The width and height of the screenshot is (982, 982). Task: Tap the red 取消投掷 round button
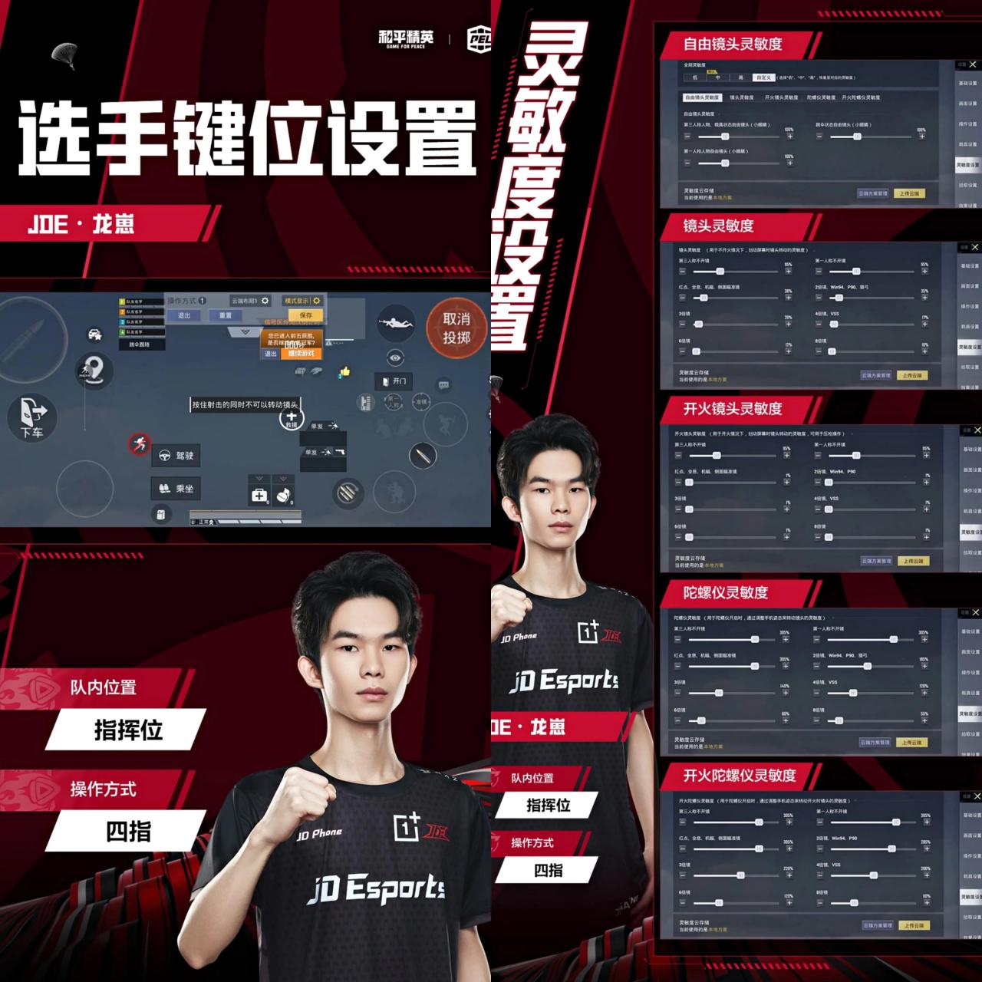click(456, 328)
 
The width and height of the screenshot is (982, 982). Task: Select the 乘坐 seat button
click(176, 488)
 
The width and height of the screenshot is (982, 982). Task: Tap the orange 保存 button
click(306, 315)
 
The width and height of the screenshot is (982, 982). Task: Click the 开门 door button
click(393, 381)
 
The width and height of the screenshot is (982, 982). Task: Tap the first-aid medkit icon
click(259, 496)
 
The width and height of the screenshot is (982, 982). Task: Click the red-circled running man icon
click(139, 443)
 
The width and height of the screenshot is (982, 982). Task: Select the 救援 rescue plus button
click(292, 419)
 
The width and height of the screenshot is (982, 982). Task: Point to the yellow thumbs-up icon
click(344, 372)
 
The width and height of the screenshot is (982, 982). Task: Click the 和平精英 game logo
click(406, 38)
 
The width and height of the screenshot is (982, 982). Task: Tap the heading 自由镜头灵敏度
click(733, 44)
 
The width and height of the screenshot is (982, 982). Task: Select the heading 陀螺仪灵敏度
click(726, 592)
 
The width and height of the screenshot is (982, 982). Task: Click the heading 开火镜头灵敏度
click(733, 408)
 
